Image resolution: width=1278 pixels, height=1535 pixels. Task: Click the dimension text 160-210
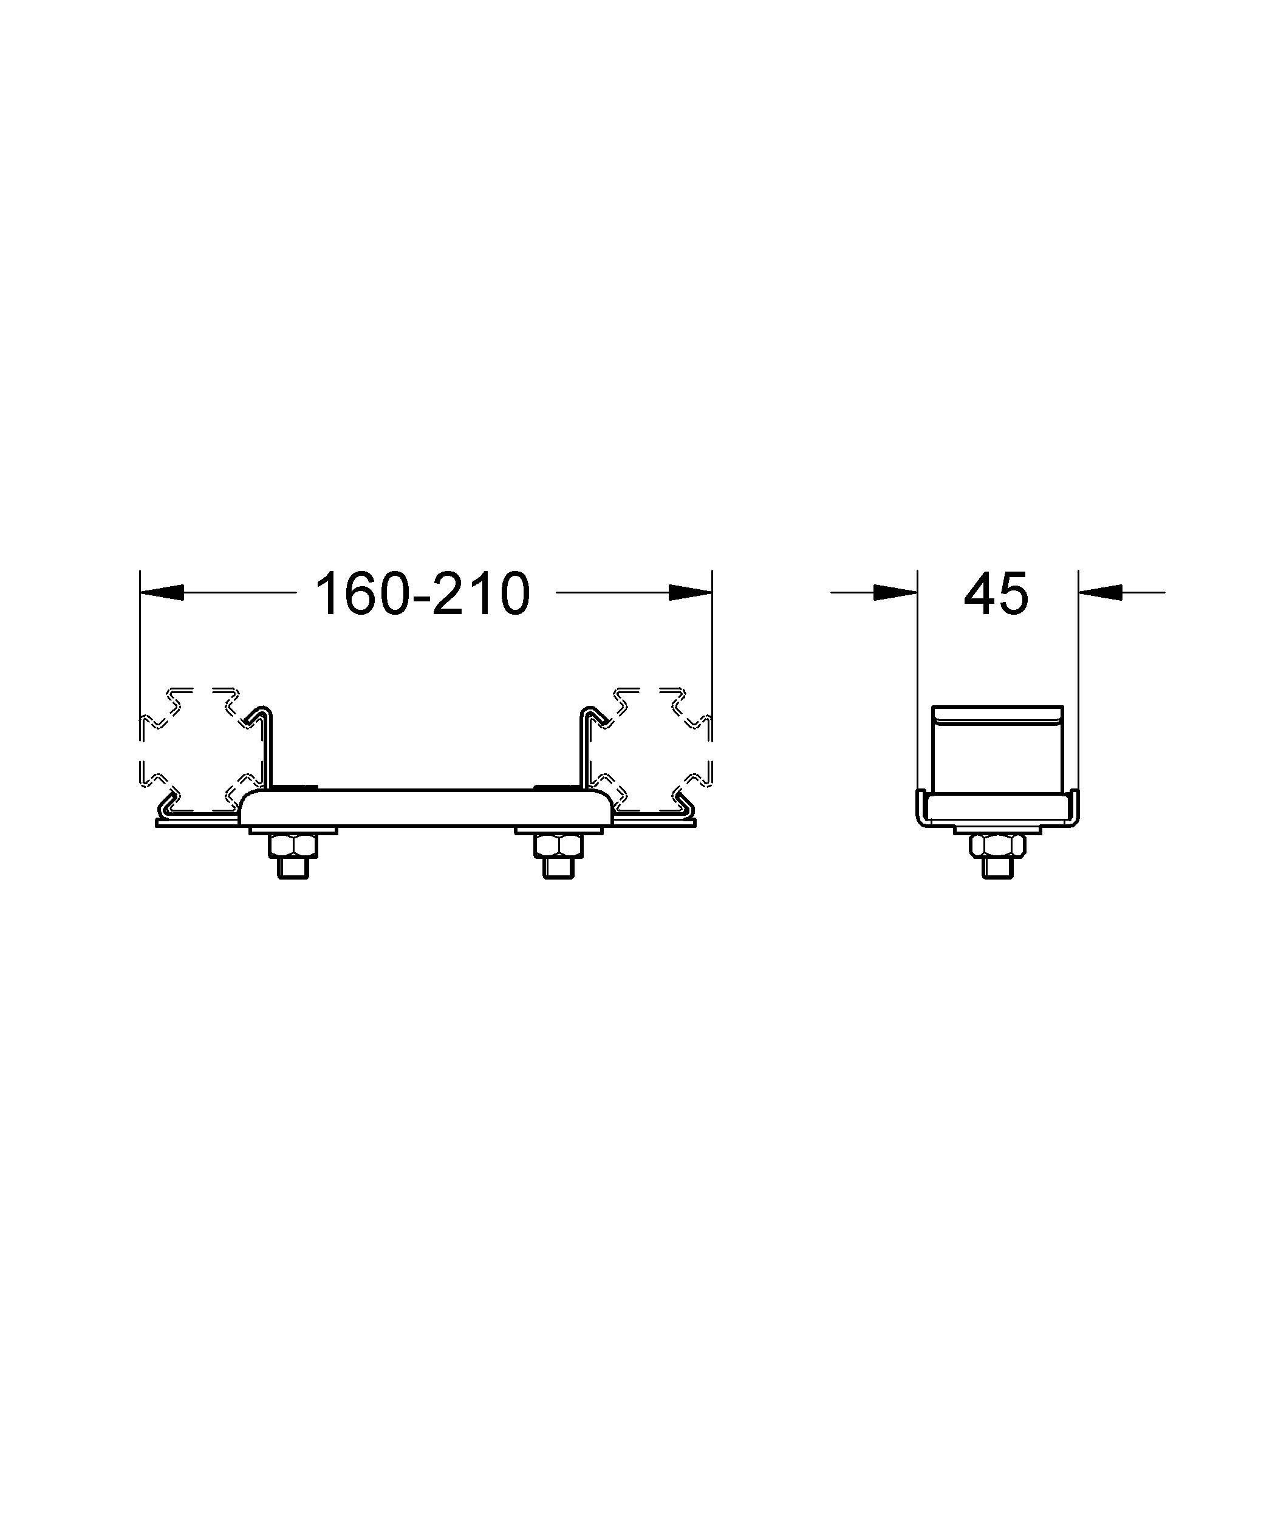pos(422,593)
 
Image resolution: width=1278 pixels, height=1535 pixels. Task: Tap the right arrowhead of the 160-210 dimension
pos(689,593)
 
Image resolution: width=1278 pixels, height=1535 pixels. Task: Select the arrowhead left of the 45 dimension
pos(895,593)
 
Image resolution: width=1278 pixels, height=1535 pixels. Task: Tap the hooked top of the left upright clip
pos(263,713)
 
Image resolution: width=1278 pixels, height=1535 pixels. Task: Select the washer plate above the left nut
pos(294,830)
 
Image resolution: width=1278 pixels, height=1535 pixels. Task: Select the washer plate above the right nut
pos(559,830)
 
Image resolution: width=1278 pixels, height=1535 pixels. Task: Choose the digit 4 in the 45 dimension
pos(980,593)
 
